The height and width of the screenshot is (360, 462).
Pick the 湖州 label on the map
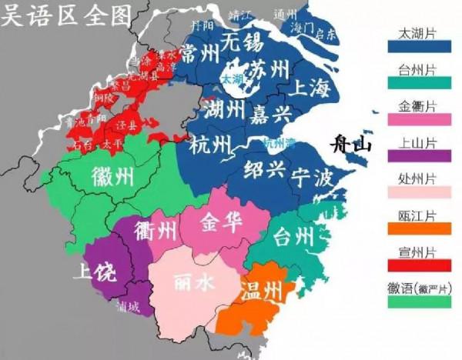225,110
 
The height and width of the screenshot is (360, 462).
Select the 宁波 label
312,178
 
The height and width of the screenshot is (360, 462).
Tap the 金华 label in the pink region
220,223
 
